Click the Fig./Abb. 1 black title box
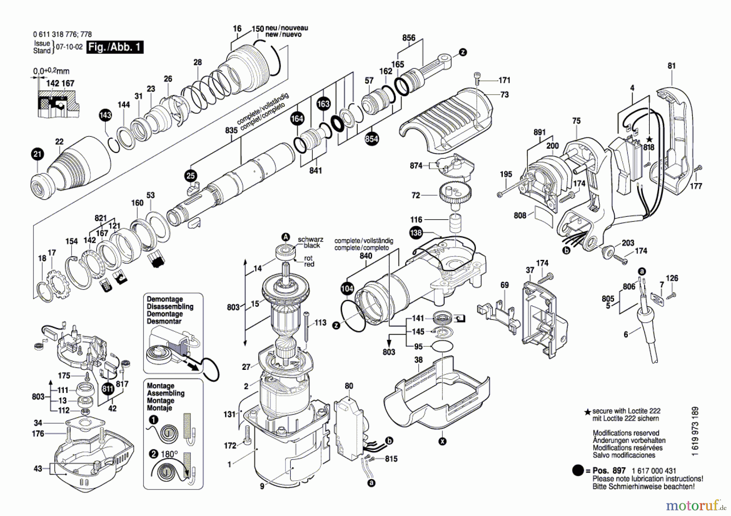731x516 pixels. click(115, 47)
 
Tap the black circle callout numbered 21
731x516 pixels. click(37, 154)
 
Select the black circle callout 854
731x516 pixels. click(372, 139)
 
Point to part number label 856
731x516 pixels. click(409, 38)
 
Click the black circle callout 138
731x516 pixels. click(416, 233)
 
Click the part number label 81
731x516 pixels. click(672, 65)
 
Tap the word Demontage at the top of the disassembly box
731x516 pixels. click(164, 299)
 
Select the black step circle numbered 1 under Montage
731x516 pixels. click(153, 420)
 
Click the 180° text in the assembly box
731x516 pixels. click(169, 454)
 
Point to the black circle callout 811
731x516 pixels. click(108, 389)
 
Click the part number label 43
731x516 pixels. click(38, 469)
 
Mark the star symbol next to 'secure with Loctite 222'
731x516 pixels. click(587, 412)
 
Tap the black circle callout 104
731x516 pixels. click(347, 289)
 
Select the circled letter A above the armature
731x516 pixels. click(286, 237)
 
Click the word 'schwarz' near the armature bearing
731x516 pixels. click(310, 240)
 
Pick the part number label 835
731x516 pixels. click(231, 130)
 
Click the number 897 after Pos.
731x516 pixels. click(619, 471)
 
